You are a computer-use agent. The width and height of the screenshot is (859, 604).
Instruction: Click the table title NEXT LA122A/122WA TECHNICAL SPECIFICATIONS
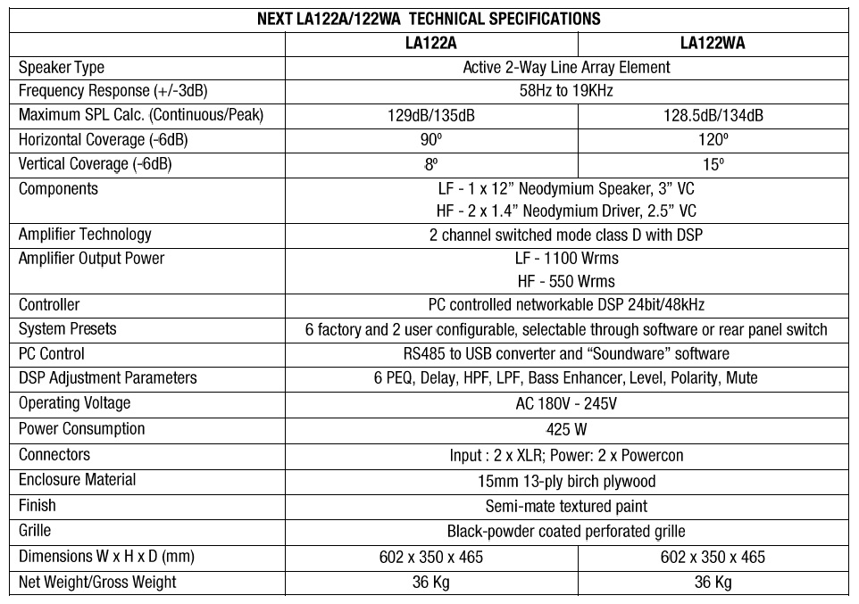click(429, 19)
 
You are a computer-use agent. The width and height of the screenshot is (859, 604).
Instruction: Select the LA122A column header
click(431, 43)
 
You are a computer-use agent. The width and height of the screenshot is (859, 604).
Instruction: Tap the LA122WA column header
click(713, 43)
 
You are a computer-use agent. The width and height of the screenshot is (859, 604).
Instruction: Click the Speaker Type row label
click(62, 67)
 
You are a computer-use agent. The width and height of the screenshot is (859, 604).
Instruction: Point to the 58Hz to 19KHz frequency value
click(566, 91)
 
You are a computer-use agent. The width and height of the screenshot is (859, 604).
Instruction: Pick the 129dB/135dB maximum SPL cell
click(431, 115)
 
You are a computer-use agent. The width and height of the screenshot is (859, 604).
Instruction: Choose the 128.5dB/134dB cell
click(713, 115)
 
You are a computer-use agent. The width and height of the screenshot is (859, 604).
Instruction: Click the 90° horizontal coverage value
click(431, 140)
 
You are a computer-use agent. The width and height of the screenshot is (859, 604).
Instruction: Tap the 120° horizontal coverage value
click(713, 140)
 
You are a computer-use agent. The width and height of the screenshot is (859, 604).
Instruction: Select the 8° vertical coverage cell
click(431, 164)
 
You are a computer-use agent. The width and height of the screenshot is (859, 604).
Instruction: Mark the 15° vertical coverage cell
click(713, 164)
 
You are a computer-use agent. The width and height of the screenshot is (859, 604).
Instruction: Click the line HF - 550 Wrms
click(566, 281)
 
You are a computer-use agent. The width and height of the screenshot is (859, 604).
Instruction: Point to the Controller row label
click(49, 305)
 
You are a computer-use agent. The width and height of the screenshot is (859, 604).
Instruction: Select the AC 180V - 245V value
click(566, 403)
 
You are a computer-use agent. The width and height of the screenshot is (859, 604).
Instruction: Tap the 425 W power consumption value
click(566, 429)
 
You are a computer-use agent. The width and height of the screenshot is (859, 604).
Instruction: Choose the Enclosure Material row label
click(78, 480)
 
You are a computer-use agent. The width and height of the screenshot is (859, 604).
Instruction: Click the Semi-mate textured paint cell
click(566, 506)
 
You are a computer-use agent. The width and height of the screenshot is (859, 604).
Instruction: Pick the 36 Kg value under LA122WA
click(713, 583)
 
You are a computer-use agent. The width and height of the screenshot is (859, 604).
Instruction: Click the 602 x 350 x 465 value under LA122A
click(431, 557)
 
